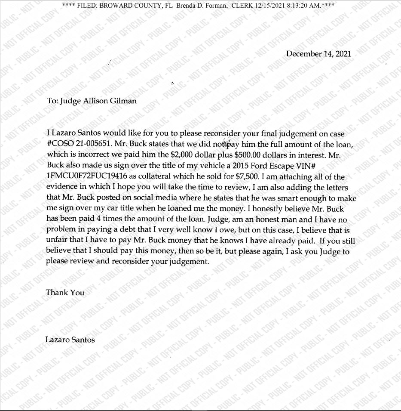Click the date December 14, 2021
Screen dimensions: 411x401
point(318,54)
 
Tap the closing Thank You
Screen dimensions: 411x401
point(65,293)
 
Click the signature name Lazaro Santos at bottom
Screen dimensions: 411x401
point(70,340)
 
